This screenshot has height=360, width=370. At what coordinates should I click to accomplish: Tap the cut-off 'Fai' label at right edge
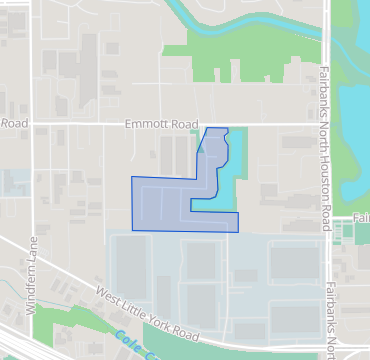point(361,217)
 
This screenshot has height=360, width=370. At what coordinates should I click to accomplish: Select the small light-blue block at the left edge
point(14,183)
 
